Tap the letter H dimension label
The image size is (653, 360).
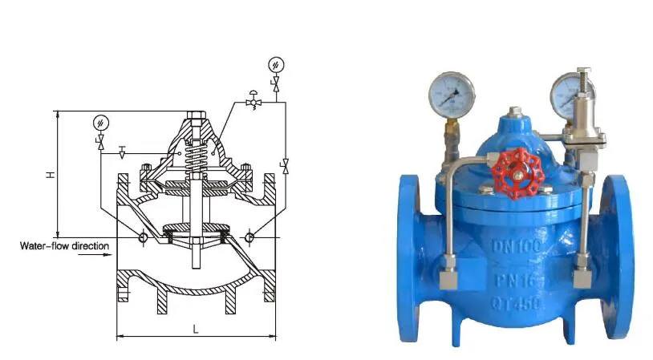pos(50,172)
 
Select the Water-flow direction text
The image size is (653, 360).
pos(63,245)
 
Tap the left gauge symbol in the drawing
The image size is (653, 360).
pos(99,122)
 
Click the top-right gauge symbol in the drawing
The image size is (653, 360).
pos(276,64)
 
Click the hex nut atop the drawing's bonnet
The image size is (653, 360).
pos(196,115)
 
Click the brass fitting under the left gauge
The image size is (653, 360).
pos(451,128)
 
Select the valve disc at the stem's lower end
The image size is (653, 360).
pos(195,233)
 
